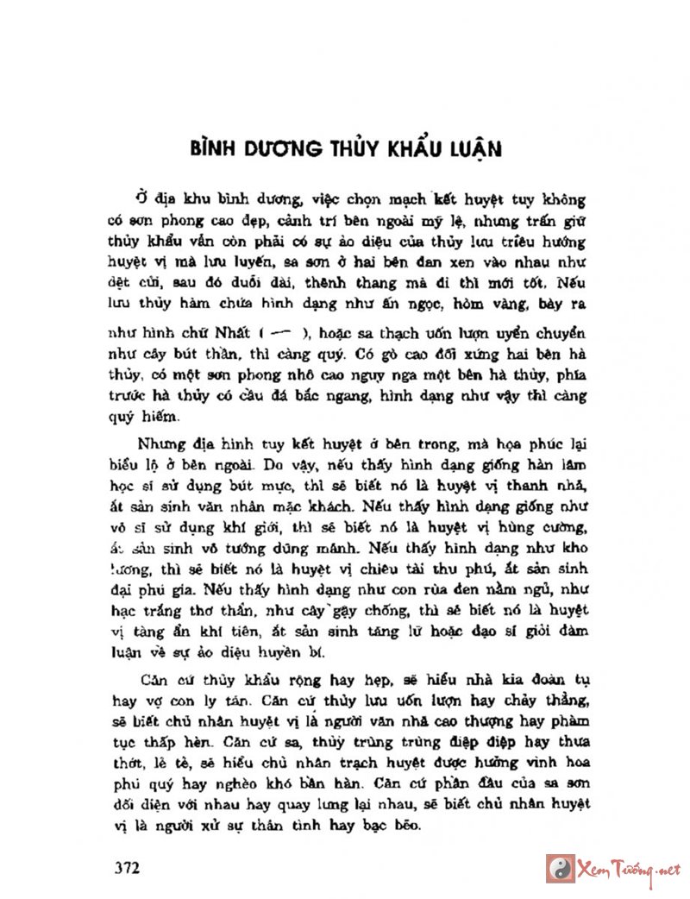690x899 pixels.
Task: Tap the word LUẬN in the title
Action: (473, 148)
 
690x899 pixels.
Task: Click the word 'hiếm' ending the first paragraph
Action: (156, 416)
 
